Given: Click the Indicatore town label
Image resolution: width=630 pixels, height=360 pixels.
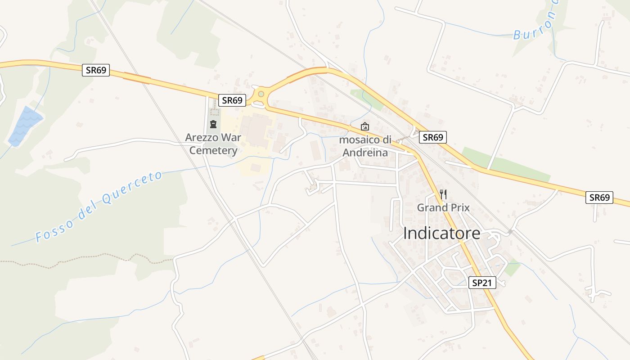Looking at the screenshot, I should click(441, 234).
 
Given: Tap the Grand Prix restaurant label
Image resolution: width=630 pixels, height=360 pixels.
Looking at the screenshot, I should click(443, 207).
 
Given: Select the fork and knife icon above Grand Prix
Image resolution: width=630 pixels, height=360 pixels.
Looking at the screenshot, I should click(443, 194).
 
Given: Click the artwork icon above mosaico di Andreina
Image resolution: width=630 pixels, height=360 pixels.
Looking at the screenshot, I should click(365, 126).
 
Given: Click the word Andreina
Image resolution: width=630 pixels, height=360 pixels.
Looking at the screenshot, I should click(365, 153).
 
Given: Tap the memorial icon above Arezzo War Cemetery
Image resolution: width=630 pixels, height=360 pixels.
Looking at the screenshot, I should click(213, 124).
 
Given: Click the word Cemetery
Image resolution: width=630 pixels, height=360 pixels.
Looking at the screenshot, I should click(213, 150).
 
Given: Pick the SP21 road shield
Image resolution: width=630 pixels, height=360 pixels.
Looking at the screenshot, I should click(482, 283).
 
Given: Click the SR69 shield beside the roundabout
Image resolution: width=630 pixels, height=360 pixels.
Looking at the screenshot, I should click(232, 100).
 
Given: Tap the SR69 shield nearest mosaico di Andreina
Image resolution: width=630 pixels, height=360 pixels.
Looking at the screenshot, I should click(432, 137).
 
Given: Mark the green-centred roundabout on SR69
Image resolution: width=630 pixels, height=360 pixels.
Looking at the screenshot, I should click(261, 94).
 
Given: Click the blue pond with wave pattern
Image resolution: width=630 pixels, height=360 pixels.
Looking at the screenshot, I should click(25, 126).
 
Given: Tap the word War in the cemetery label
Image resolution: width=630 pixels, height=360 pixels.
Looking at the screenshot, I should click(230, 137).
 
